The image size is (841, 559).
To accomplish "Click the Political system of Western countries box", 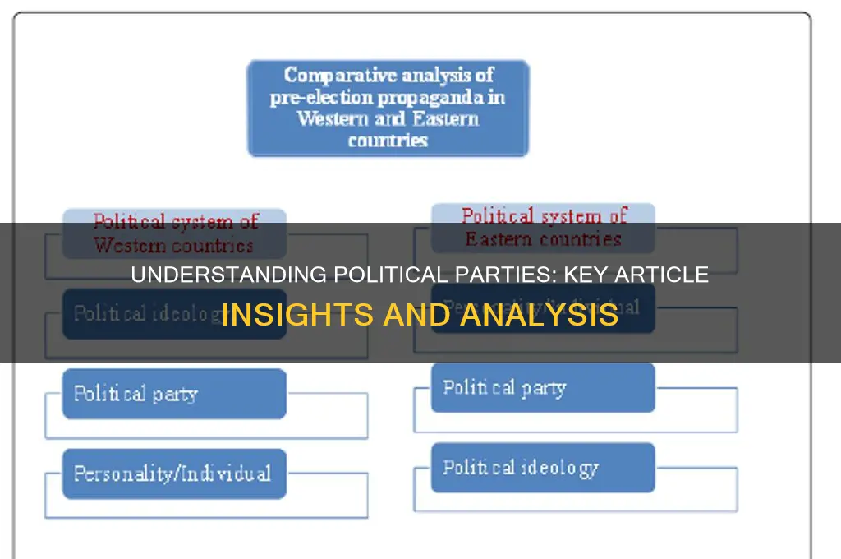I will [x=175, y=233].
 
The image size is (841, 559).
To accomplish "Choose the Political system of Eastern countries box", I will [x=543, y=228].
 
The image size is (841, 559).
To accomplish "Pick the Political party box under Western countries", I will [x=174, y=394].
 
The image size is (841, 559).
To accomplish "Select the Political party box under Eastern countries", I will [x=543, y=387].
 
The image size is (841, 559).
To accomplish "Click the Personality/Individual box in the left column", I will [x=174, y=474].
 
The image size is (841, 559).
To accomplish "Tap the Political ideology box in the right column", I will [x=543, y=468].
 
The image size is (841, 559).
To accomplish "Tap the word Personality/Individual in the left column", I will [x=172, y=474].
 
